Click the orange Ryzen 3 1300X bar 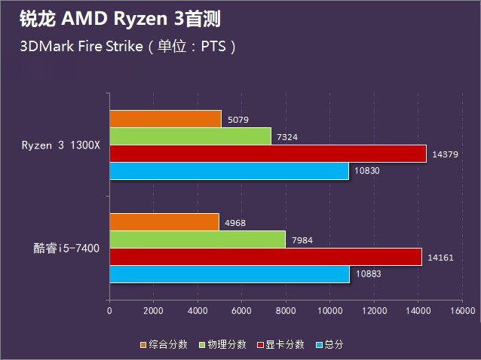click(x=165, y=119)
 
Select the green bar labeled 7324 click(x=190, y=136)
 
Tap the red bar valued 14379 click(x=268, y=154)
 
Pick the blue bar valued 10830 click(x=228, y=171)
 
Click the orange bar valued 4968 click(x=164, y=222)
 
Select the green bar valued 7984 click(x=198, y=239)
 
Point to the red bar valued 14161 click(x=265, y=257)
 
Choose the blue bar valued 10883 click(x=229, y=274)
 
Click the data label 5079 click(x=237, y=120)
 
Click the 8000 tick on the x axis click(x=286, y=310)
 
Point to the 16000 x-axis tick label click(x=462, y=310)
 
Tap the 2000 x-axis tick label click(x=153, y=310)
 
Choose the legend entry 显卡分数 click(x=284, y=344)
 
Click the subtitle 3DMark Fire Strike click(x=82, y=47)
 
